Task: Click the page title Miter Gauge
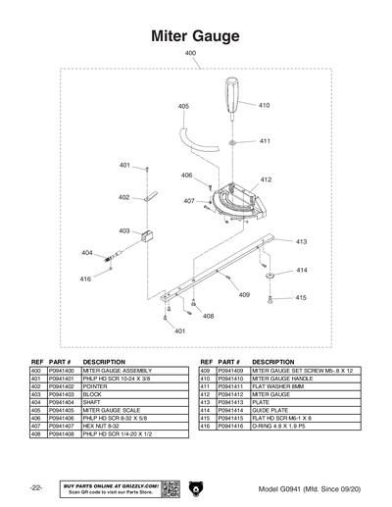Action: pos(195,36)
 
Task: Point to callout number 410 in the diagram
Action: pos(264,105)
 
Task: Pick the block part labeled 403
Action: pos(149,235)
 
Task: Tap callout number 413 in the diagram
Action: pos(301,241)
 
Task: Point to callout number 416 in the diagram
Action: pos(85,279)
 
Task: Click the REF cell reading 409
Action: pos(206,371)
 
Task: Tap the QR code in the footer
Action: pos(168,487)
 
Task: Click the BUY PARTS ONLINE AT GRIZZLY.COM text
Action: pos(110,484)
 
